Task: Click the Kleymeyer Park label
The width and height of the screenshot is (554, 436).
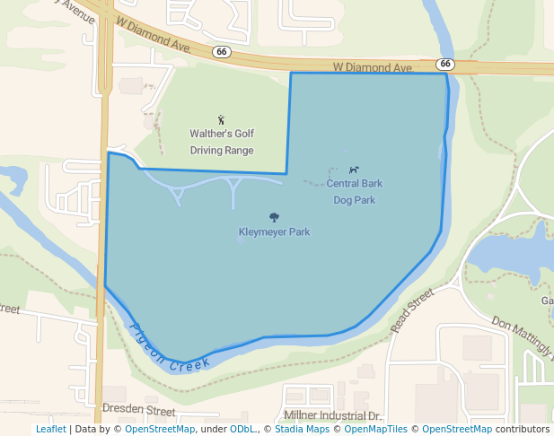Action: tap(274, 232)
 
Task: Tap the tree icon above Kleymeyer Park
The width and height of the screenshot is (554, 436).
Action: tap(274, 217)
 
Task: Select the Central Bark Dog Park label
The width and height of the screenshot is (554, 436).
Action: tap(354, 191)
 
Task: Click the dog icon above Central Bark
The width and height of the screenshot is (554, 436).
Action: tap(355, 170)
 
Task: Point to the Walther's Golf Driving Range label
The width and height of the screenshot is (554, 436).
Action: tap(222, 142)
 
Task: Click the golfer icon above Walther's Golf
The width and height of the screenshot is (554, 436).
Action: tap(222, 119)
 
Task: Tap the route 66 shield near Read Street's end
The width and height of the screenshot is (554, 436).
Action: tap(445, 64)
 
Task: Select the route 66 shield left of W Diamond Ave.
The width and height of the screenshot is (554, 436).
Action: tap(221, 52)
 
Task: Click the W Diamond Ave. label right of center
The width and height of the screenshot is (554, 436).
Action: tap(372, 67)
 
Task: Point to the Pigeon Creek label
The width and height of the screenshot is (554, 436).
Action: tap(170, 349)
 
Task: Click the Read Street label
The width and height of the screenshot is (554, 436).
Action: tap(412, 310)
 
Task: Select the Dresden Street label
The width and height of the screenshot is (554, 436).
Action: tap(138, 410)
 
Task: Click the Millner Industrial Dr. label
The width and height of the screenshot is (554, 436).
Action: tap(332, 416)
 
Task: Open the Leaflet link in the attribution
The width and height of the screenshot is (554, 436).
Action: tap(50, 430)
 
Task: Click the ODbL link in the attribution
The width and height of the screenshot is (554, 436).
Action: tap(242, 430)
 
